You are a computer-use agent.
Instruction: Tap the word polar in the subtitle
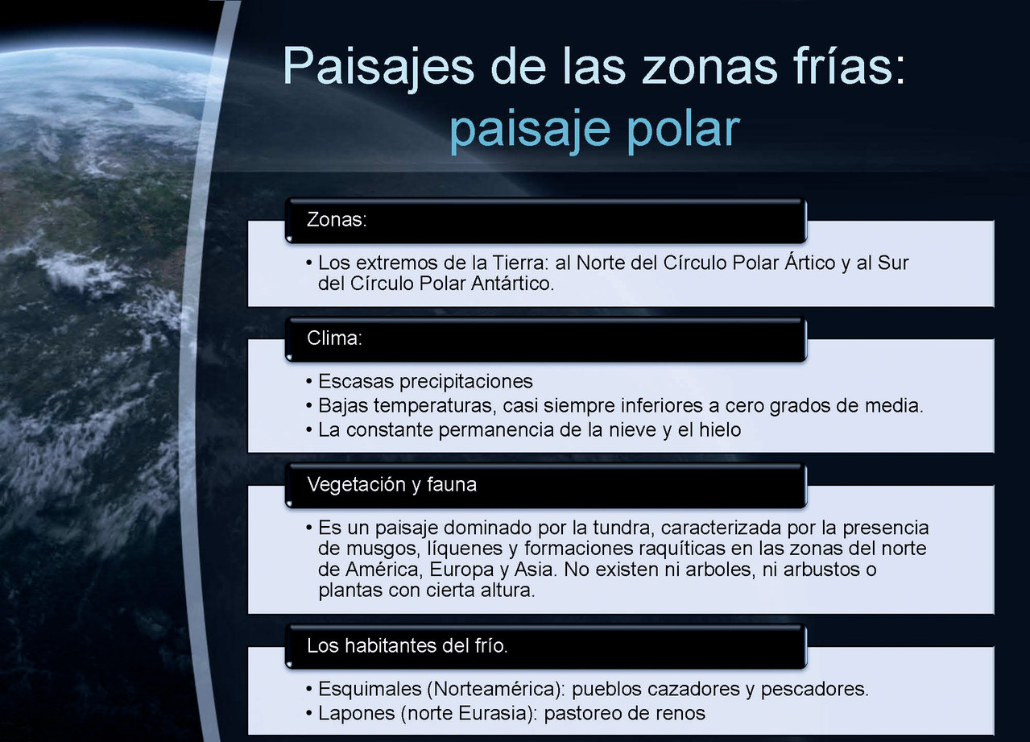point(684,131)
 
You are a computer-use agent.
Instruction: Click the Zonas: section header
point(337,219)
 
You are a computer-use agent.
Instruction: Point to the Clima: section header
point(334,338)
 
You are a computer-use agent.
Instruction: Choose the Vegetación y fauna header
point(391,485)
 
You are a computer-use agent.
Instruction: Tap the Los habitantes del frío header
point(407,646)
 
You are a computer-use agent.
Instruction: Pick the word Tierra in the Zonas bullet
point(520,263)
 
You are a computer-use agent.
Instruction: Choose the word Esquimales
point(370,690)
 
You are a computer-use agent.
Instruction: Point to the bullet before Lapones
point(309,715)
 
